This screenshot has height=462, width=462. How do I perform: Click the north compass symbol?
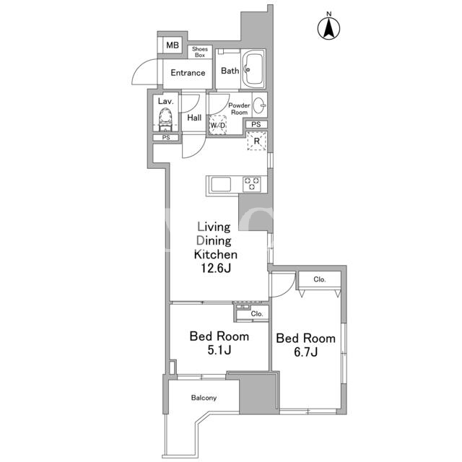[329, 28]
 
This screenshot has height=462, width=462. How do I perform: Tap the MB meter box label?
[173, 45]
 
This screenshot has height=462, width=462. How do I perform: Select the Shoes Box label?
[200, 52]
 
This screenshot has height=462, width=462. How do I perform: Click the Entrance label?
[188, 73]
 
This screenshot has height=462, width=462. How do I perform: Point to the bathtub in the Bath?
[253, 69]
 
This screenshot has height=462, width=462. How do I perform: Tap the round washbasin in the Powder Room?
[259, 105]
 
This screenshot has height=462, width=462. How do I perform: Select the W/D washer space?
[218, 125]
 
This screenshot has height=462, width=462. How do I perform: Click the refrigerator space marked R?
[257, 141]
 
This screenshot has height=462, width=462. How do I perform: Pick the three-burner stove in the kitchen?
[252, 184]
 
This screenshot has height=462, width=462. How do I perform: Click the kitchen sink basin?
[221, 185]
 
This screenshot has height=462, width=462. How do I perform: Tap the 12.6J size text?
[216, 268]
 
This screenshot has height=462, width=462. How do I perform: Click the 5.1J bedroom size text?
[219, 350]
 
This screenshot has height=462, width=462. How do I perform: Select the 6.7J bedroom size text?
[306, 352]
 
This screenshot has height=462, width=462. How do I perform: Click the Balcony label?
[204, 398]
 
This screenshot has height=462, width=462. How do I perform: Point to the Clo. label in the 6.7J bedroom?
[320, 279]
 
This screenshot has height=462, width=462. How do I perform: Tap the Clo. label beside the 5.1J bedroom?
[257, 314]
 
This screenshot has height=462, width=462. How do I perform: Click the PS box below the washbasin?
[256, 124]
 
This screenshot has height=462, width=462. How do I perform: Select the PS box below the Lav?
[166, 138]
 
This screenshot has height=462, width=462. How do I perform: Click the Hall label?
[194, 118]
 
